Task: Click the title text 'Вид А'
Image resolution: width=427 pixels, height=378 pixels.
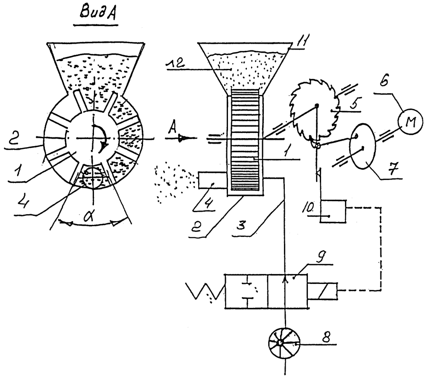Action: tap(97, 13)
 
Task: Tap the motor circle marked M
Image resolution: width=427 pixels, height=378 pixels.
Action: tap(410, 121)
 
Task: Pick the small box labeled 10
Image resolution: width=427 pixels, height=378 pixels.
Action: tap(333, 211)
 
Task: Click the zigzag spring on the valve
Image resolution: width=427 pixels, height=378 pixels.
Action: tap(205, 291)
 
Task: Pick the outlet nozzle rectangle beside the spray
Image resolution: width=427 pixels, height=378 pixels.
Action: tap(213, 180)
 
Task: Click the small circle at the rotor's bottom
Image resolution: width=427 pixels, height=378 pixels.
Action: tap(93, 178)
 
